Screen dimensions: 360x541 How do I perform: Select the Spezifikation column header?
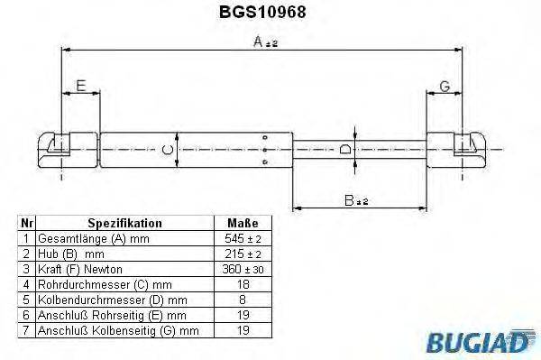[124, 223]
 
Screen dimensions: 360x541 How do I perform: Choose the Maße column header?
[243, 223]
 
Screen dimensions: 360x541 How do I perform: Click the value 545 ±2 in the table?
[243, 238]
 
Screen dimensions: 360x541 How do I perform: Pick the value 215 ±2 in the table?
[243, 254]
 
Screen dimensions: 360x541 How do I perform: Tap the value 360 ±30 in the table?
[243, 270]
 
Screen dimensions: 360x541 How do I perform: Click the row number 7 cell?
[27, 331]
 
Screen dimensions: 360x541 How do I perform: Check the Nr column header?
[27, 223]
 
